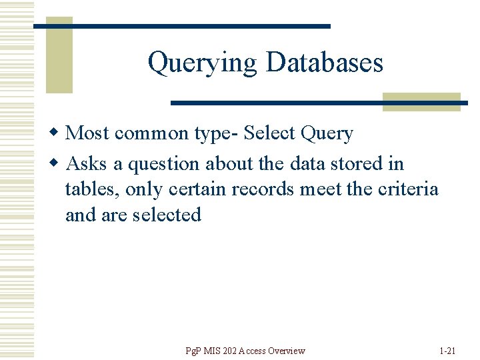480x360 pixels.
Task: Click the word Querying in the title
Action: [202, 63]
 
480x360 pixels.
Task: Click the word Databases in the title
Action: [324, 63]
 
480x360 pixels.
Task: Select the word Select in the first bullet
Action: [270, 133]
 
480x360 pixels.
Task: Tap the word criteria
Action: [408, 189]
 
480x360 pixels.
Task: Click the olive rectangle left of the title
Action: [59, 55]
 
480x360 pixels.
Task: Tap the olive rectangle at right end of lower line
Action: [421, 101]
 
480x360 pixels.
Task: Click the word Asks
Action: [86, 163]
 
